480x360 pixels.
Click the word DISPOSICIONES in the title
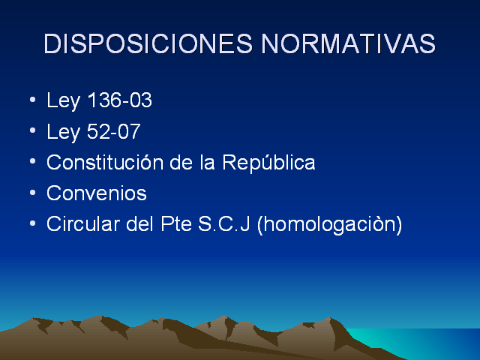[148, 43]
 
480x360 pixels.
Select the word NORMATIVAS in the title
[348, 43]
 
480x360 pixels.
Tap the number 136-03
[120, 100]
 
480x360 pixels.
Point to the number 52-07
[113, 131]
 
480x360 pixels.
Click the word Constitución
[105, 162]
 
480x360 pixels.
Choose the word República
[268, 163]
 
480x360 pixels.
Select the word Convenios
[97, 193]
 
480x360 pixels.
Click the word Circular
[83, 223]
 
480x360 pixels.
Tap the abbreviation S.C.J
[224, 223]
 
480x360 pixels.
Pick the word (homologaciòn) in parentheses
[330, 225]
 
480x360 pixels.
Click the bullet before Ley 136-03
[33, 100]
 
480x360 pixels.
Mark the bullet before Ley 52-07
[33, 130]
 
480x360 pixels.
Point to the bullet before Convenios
[33, 193]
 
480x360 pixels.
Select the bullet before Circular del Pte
[33, 223]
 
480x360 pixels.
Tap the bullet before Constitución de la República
[33, 161]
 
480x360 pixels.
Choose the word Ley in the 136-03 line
[63, 101]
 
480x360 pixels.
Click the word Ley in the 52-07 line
[63, 132]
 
